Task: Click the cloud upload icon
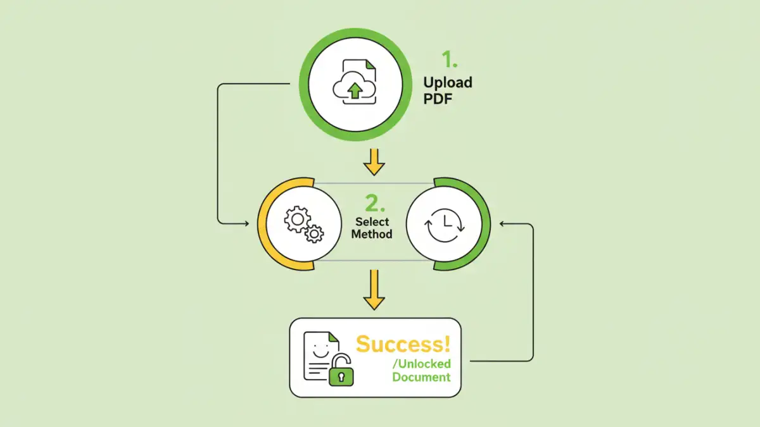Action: (354, 88)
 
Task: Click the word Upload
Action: (447, 83)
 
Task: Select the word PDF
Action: (438, 99)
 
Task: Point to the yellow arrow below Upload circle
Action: (374, 161)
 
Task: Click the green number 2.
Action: (375, 203)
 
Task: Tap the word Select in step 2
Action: (372, 222)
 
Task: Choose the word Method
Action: (372, 234)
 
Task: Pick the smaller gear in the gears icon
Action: (314, 234)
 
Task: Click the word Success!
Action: (403, 344)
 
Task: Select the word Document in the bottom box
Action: (421, 377)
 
